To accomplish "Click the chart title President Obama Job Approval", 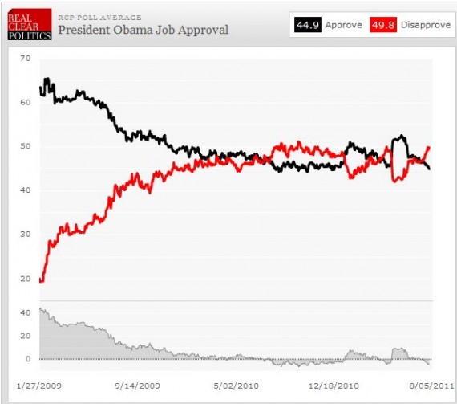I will (143, 30).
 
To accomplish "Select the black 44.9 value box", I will (307, 25).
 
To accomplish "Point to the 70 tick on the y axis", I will (26, 59).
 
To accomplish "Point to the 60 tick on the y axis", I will (26, 102).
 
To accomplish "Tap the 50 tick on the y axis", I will (26, 146).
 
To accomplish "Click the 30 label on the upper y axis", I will (26, 234).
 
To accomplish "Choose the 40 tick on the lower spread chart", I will (26, 312).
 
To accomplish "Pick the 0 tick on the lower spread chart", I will (28, 358).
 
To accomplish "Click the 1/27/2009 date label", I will (40, 385).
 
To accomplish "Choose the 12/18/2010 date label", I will (335, 385).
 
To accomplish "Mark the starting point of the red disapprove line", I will (41, 281).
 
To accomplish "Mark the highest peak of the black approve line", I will (47, 79).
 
